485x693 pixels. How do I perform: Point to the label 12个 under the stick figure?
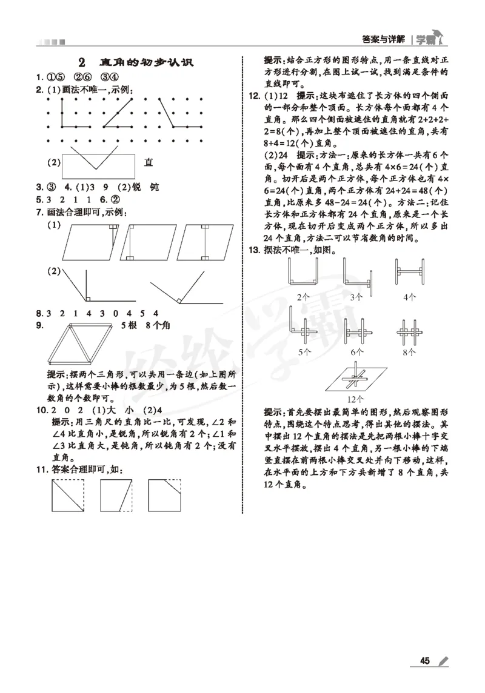355,399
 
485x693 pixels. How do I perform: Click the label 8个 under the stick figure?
410,351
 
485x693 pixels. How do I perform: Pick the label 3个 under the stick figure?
356,297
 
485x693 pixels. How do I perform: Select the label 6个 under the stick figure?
356,351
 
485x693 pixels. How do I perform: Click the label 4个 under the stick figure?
410,297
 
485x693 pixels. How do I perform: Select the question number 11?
42,469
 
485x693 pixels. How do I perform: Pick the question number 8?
39,313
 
